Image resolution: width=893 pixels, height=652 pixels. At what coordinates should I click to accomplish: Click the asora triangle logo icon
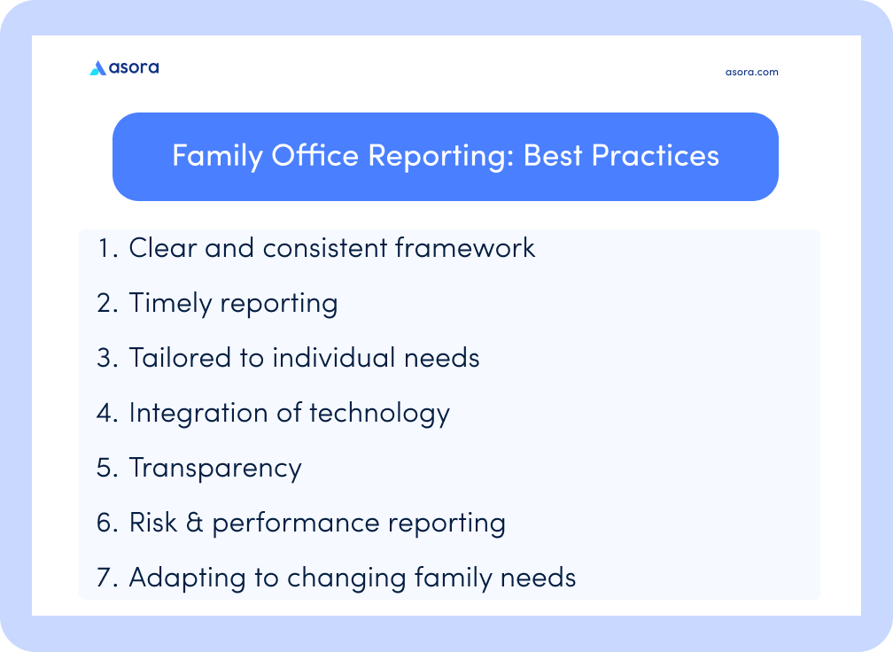(x=98, y=67)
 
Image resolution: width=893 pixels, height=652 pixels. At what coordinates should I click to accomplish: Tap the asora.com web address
(x=752, y=73)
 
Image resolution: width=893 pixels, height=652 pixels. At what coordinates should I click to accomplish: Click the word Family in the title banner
(x=218, y=156)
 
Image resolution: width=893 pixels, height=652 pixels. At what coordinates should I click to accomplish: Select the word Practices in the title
(x=656, y=155)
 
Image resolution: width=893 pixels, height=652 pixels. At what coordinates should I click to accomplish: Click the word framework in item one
(x=465, y=248)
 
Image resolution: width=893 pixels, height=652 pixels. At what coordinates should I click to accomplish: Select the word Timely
(x=170, y=303)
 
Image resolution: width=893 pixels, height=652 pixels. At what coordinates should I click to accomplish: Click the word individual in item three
(x=334, y=358)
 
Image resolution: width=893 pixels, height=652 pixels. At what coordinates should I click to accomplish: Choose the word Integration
(x=198, y=413)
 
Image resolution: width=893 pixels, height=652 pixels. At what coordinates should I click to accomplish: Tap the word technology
(x=380, y=414)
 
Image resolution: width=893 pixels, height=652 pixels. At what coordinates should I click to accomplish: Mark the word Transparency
(x=215, y=468)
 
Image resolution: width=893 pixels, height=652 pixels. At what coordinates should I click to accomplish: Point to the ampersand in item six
(x=195, y=523)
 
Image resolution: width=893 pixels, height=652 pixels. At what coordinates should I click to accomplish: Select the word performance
(x=296, y=524)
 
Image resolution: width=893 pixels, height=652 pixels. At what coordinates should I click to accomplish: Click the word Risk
(x=153, y=522)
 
